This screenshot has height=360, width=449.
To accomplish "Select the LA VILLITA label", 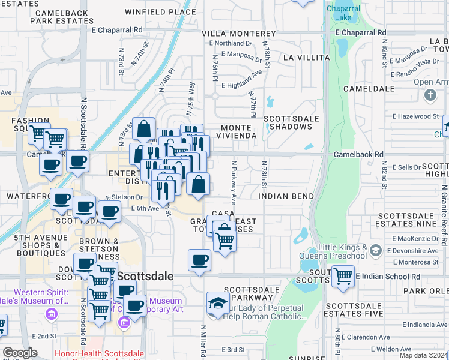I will pyautogui.click(x=306, y=58).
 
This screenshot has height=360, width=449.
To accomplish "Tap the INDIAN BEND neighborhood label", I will pyautogui.click(x=286, y=196).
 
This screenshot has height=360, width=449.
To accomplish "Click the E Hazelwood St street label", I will pyautogui.click(x=416, y=116).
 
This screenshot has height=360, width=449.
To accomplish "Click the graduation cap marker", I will pyautogui.click(x=217, y=303).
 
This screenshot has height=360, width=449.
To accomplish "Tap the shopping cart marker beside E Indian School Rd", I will pyautogui.click(x=343, y=277).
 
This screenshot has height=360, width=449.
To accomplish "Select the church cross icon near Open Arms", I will pyautogui.click(x=430, y=95).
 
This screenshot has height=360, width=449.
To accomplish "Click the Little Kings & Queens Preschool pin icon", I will pyautogui.click(x=375, y=249).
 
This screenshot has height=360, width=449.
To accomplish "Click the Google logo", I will pyautogui.click(x=20, y=352).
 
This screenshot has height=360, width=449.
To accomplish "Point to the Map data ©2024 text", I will pyautogui.click(x=424, y=356).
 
